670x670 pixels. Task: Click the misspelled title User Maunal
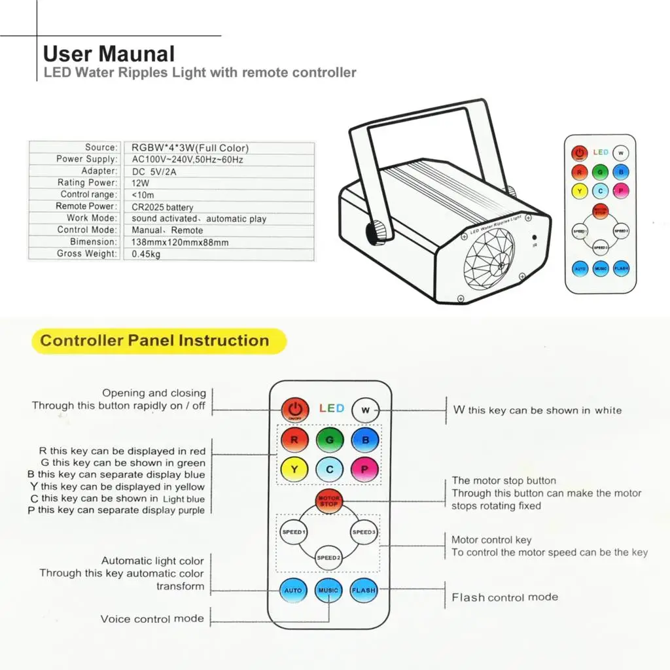click(x=109, y=54)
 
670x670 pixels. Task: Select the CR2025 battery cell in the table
click(x=162, y=207)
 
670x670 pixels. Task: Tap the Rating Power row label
click(x=87, y=183)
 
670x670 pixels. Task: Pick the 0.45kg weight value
click(x=146, y=254)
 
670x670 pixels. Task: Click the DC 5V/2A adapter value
click(x=156, y=171)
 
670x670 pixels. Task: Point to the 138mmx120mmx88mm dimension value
click(x=180, y=242)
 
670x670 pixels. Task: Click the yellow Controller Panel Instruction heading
click(x=155, y=341)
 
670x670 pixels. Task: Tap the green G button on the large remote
click(x=329, y=440)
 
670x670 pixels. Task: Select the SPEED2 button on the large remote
click(x=328, y=557)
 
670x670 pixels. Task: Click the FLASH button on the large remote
click(x=363, y=590)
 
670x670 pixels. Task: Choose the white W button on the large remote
click(x=365, y=410)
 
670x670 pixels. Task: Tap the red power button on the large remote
click(x=295, y=409)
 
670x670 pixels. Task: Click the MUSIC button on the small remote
click(x=601, y=268)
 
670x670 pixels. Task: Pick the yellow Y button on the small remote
click(x=579, y=191)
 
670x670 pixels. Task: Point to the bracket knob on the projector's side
click(x=378, y=232)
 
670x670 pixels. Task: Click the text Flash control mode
click(x=504, y=597)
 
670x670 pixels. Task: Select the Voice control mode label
click(x=152, y=619)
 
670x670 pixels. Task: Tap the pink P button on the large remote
click(x=364, y=469)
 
